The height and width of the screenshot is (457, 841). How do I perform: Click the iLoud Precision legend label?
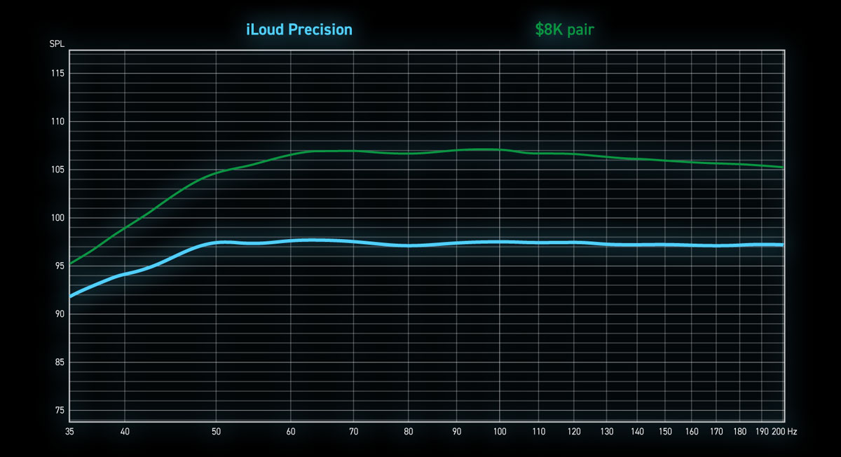pyautogui.click(x=299, y=29)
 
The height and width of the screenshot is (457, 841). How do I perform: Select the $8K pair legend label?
pyautogui.click(x=565, y=29)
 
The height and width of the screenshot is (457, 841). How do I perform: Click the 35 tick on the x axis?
pyautogui.click(x=69, y=432)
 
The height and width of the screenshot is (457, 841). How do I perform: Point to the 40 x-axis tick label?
pyautogui.click(x=125, y=432)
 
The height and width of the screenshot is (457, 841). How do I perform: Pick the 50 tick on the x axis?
pyautogui.click(x=217, y=432)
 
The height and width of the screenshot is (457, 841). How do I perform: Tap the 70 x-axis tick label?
pyautogui.click(x=353, y=432)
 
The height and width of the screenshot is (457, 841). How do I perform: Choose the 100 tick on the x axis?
pyautogui.click(x=500, y=432)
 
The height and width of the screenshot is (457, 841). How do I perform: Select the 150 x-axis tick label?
pyautogui.click(x=666, y=432)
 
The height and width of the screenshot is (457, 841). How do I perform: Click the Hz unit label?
pyautogui.click(x=792, y=432)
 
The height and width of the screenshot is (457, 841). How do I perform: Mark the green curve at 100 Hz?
pyautogui.click(x=500, y=149)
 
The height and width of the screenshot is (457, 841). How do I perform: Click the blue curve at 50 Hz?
pyautogui.click(x=217, y=243)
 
